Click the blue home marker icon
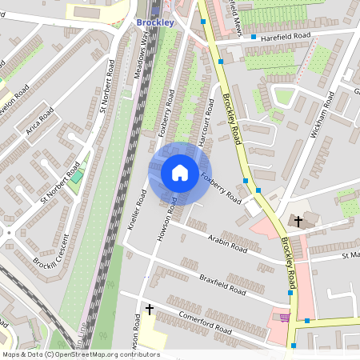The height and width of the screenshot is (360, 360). [179, 173]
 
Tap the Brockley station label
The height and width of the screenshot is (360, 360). [154, 22]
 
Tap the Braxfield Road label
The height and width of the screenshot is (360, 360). [219, 286]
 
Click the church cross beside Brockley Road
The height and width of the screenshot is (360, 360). [298, 220]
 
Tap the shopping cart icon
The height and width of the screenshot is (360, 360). [286, 318]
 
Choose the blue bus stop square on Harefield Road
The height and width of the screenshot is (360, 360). [254, 38]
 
